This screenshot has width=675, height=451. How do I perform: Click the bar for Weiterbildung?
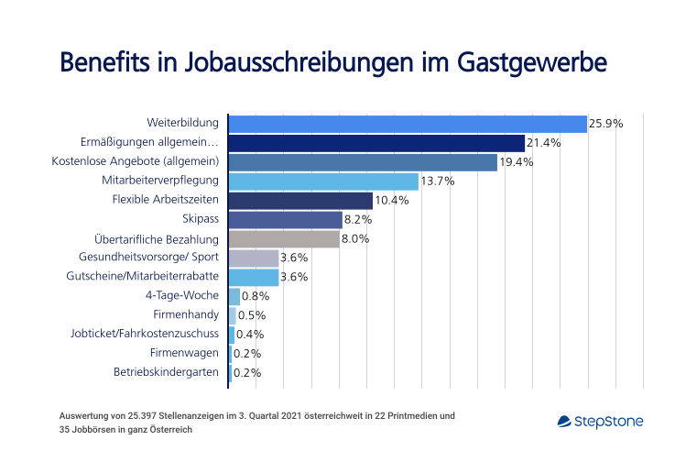tap(408, 124)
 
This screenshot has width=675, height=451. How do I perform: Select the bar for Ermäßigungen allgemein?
tap(376, 143)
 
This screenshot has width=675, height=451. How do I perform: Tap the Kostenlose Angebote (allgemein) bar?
tap(363, 162)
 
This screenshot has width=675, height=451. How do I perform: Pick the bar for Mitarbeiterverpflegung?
tap(323, 181)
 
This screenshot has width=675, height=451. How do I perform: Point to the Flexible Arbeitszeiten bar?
tap(300, 201)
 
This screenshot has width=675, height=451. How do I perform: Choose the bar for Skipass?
tap(285, 220)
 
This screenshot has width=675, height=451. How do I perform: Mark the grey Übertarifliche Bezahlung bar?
tap(284, 239)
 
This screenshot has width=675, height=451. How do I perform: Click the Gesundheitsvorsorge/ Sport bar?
tap(254, 258)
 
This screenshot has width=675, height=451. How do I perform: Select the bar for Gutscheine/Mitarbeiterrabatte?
tap(254, 278)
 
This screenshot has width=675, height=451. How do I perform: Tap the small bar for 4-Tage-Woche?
tap(234, 297)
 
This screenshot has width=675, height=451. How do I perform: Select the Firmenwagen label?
tap(186, 354)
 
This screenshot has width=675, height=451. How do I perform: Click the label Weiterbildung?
tap(183, 123)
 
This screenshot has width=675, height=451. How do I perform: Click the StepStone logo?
tap(600, 422)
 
